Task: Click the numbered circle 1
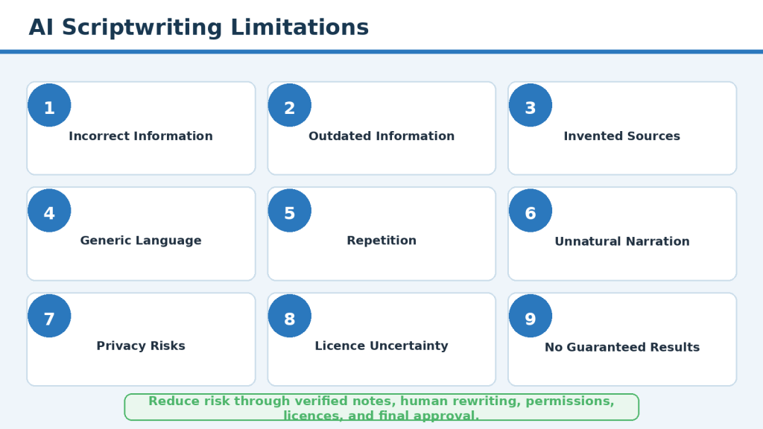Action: [x=49, y=105]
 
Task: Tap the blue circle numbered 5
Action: [x=290, y=211]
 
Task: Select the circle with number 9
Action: [x=531, y=316]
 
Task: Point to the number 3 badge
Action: [x=531, y=105]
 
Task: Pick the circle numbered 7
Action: [x=49, y=316]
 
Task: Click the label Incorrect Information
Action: [x=141, y=136]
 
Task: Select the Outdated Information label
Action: [x=381, y=136]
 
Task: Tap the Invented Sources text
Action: [x=622, y=136]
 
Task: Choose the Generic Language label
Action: [x=141, y=241]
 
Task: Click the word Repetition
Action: [x=381, y=241]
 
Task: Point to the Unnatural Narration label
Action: [x=622, y=241]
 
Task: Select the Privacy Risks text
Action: [x=141, y=346]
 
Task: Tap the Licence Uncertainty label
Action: [x=381, y=346]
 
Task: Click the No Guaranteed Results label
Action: [x=622, y=347]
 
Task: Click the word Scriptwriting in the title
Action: [x=142, y=28]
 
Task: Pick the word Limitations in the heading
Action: [x=300, y=28]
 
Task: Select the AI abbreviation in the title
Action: [x=41, y=28]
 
